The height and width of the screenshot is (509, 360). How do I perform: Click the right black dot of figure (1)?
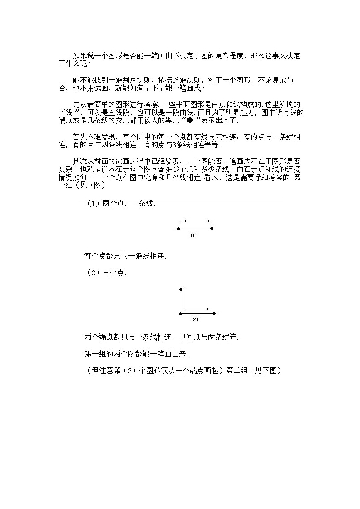point(212,229)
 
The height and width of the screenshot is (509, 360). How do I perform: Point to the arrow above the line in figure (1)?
point(195,222)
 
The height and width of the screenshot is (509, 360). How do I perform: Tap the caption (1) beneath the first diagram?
point(194,236)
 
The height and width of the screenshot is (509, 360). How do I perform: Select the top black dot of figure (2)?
point(181,289)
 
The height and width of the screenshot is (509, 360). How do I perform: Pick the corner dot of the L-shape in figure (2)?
point(181,313)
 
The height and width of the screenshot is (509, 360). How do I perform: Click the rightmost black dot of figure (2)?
point(214,313)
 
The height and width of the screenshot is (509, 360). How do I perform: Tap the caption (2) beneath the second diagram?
point(195,319)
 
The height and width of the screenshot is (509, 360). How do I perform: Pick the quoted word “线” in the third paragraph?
point(70,113)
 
